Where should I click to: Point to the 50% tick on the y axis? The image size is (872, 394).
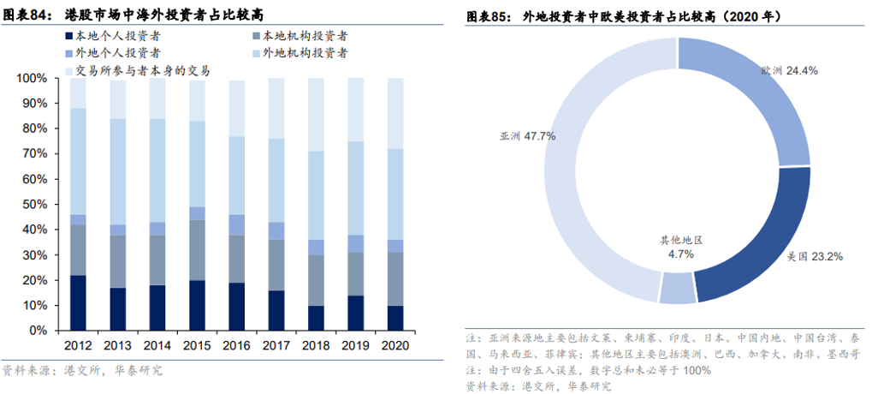tap(35, 205)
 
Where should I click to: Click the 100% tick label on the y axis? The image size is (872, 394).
tap(33, 79)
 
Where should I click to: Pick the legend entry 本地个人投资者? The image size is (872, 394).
tap(121, 37)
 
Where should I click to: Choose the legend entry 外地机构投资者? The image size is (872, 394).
tap(304, 53)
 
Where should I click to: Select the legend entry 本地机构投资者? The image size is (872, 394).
tap(304, 37)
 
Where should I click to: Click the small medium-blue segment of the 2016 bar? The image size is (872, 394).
tap(235, 224)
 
